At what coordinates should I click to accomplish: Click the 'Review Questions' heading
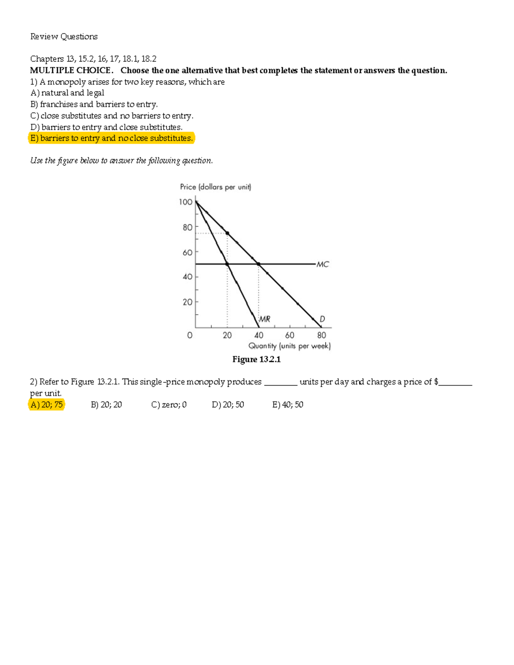tap(64, 36)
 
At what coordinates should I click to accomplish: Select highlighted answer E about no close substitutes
tap(111, 138)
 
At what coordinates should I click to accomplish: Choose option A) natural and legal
tap(67, 93)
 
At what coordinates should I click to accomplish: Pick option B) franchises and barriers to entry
tap(94, 104)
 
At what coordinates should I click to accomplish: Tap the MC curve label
tap(323, 264)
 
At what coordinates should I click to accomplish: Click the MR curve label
tap(265, 319)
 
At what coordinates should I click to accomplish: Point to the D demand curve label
tap(322, 319)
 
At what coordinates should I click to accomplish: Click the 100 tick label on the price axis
tap(185, 202)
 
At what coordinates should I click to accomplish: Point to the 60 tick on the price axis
tap(188, 253)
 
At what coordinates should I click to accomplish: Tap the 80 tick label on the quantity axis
tap(321, 335)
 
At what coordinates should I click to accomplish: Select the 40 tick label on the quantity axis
tap(259, 335)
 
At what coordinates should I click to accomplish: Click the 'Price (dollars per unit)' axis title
tap(215, 187)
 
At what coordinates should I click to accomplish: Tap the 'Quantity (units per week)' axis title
tap(290, 346)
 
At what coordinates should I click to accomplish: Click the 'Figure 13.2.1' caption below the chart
tap(256, 359)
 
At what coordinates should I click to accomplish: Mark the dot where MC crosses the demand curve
tap(258, 264)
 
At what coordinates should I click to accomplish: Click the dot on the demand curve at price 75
tap(227, 233)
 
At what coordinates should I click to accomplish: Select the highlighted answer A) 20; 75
tap(47, 405)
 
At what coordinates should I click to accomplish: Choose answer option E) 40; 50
tap(287, 405)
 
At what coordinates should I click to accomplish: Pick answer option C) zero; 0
tap(169, 405)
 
